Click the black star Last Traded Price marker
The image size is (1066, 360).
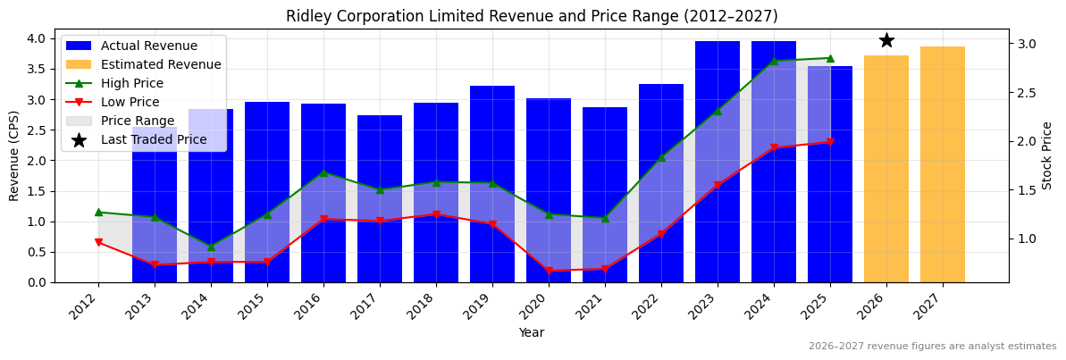pos(886,40)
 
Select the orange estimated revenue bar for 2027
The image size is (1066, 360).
pos(943,164)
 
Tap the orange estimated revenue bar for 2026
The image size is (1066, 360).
pos(886,169)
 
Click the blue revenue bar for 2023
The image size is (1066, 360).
pos(718,162)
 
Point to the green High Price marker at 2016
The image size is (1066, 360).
pos(323,172)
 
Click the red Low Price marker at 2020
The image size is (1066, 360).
pos(549,271)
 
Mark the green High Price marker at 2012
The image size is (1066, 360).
pos(98,212)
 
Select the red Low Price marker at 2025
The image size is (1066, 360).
pos(830,142)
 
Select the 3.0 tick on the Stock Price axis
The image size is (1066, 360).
pos(1028,44)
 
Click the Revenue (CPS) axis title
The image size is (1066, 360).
pos(14,155)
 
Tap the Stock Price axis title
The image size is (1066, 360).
pos(1047,155)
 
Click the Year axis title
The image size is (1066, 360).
pos(531,332)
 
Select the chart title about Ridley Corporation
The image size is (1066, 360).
pos(532,16)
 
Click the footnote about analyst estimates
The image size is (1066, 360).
pos(932,347)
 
